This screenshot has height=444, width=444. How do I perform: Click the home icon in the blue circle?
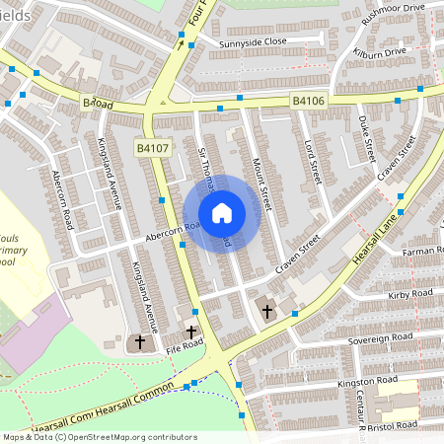pyautogui.click(x=222, y=213)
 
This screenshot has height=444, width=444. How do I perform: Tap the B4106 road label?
pyautogui.click(x=309, y=100)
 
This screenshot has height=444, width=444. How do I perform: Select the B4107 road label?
pyautogui.click(x=152, y=148)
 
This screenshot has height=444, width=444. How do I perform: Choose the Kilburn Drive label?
pyautogui.click(x=380, y=50)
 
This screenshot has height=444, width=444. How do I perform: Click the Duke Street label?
pyautogui.click(x=368, y=138)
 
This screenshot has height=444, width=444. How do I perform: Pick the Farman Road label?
pyautogui.click(x=423, y=252)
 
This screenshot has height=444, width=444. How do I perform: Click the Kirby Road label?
pyautogui.click(x=410, y=294)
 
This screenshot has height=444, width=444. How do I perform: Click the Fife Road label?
pyautogui.click(x=184, y=343)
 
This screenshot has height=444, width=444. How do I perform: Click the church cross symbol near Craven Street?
pyautogui.click(x=267, y=311)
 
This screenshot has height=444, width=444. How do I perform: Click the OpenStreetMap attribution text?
pyautogui.click(x=99, y=436)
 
